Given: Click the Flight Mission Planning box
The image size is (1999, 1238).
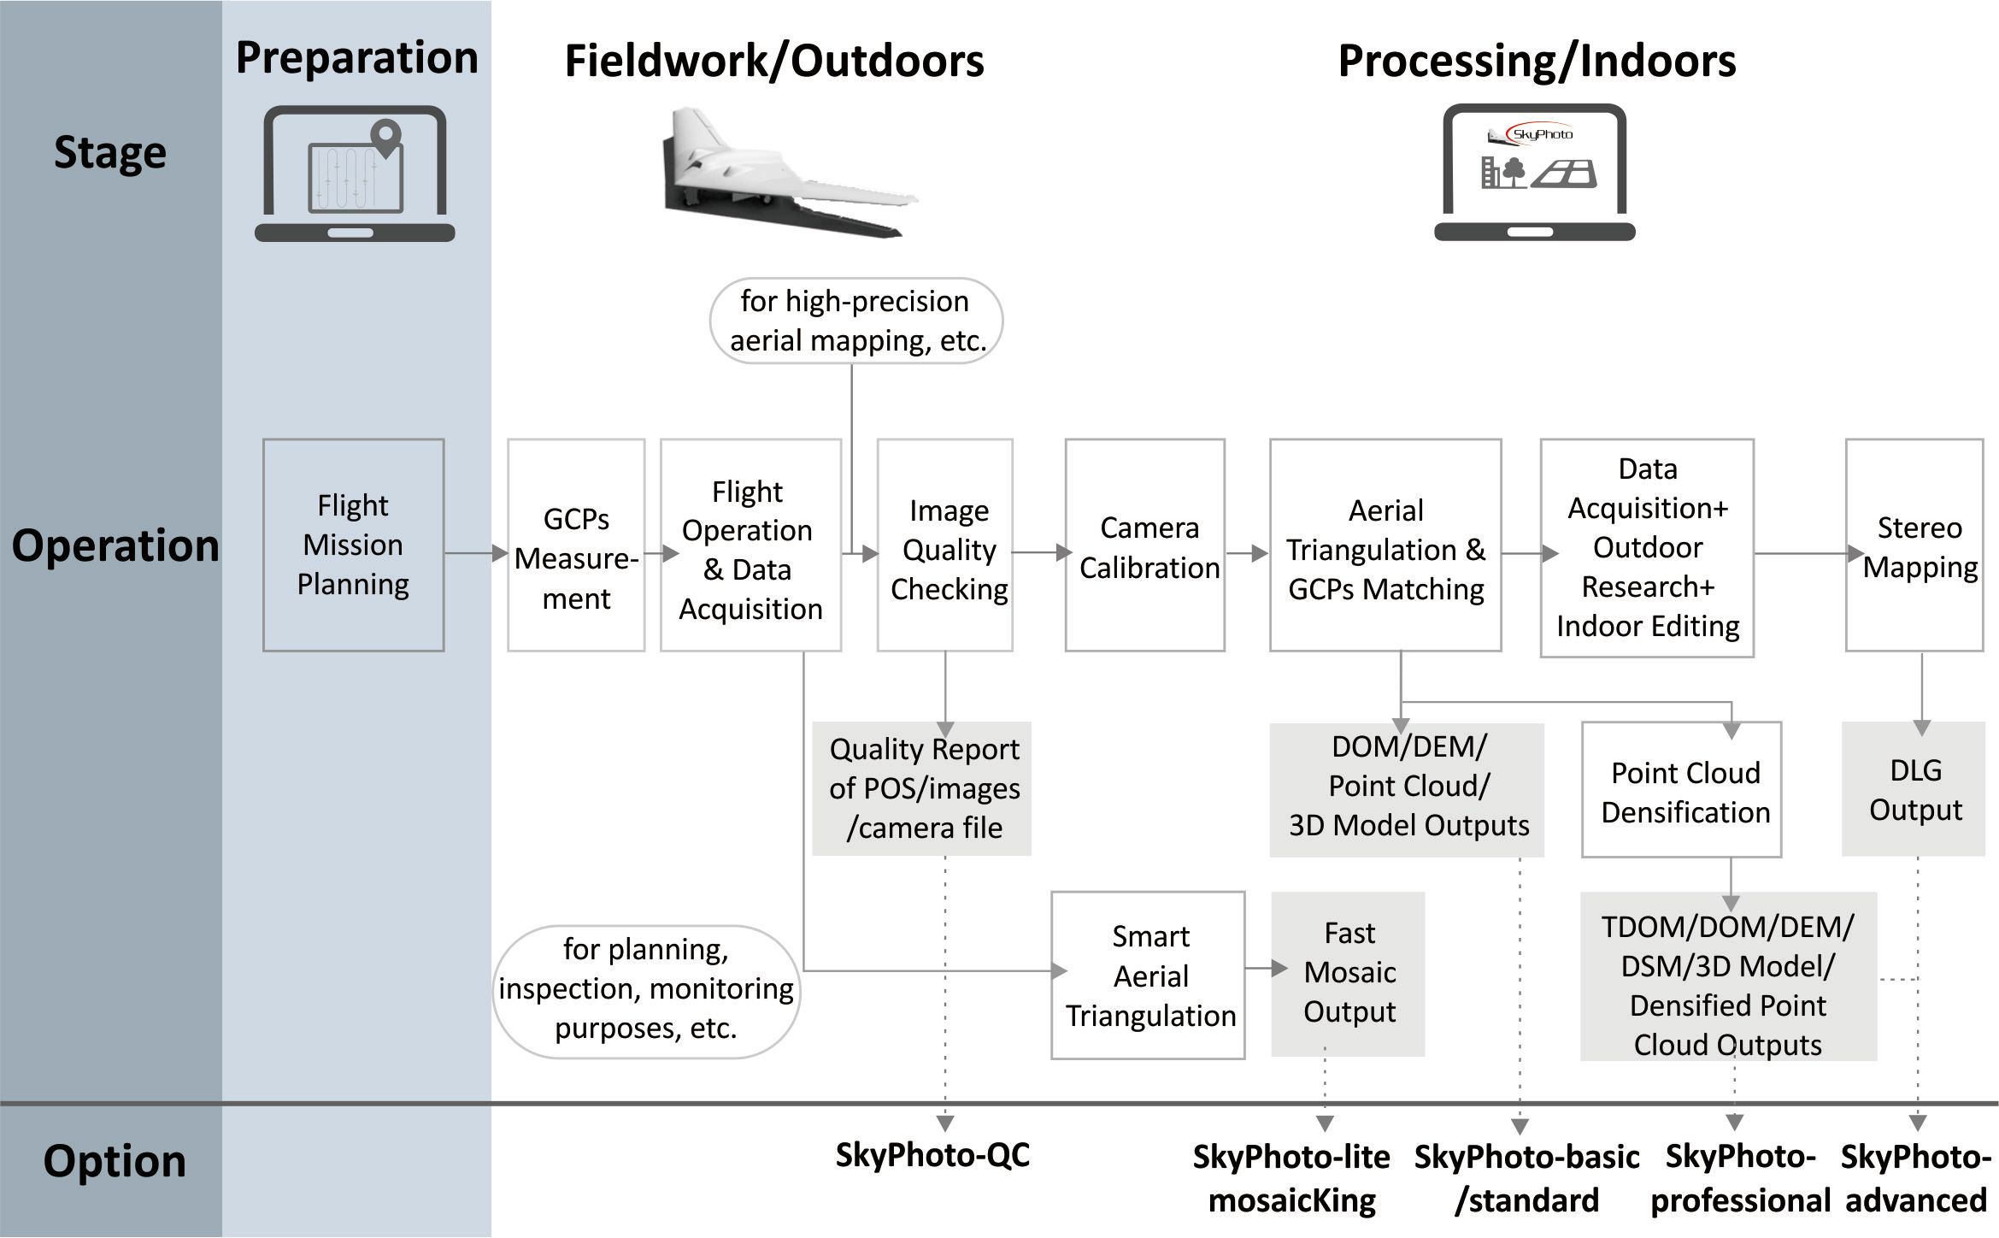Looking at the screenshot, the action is (x=353, y=545).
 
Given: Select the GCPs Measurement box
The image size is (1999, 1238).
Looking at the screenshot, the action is (x=576, y=545).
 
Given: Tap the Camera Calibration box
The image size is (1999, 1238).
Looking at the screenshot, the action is (x=1144, y=545).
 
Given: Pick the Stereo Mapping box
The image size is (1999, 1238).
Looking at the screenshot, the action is (x=1914, y=545).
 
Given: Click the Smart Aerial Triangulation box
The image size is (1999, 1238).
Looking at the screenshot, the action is (x=1148, y=976).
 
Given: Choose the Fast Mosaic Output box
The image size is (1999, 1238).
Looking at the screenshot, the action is (x=1348, y=974).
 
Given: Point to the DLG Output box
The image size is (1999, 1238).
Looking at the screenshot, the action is (x=1913, y=788).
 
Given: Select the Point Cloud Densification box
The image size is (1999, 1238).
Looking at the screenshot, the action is (x=1681, y=789).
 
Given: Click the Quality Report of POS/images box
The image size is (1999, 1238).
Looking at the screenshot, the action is (x=921, y=788).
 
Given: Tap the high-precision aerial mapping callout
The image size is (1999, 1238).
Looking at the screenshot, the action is (x=856, y=321).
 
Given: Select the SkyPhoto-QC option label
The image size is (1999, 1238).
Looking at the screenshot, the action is (x=932, y=1155).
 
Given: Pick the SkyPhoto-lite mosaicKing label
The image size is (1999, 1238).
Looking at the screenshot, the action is (x=1291, y=1178).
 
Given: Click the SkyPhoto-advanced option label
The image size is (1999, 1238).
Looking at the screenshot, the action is (x=1915, y=1178).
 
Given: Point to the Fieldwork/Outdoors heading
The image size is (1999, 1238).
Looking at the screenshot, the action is (x=774, y=62).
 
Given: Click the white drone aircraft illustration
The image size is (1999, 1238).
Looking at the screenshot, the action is (x=786, y=174).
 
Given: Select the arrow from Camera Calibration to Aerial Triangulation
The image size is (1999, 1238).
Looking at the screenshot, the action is (x=1248, y=553).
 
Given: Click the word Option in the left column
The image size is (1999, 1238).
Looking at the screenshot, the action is (x=115, y=1161).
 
